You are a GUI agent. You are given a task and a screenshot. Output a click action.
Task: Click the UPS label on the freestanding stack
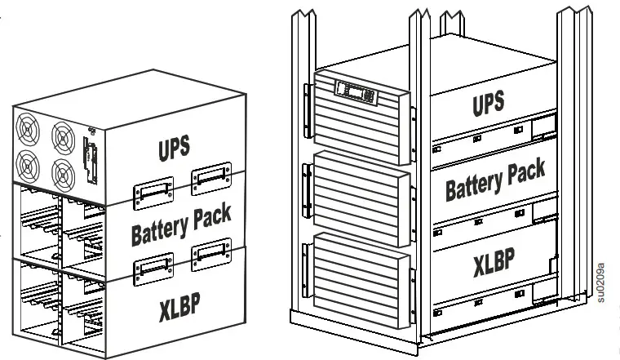pyautogui.click(x=174, y=148)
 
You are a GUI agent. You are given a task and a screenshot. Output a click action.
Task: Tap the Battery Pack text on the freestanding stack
pyautogui.click(x=181, y=224)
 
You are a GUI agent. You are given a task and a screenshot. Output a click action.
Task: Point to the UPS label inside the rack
pyautogui.click(x=488, y=104)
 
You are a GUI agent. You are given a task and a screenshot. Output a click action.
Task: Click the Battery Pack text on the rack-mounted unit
pyautogui.click(x=495, y=180)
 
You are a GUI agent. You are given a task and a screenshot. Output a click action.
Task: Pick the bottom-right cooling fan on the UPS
pyautogui.click(x=62, y=173)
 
